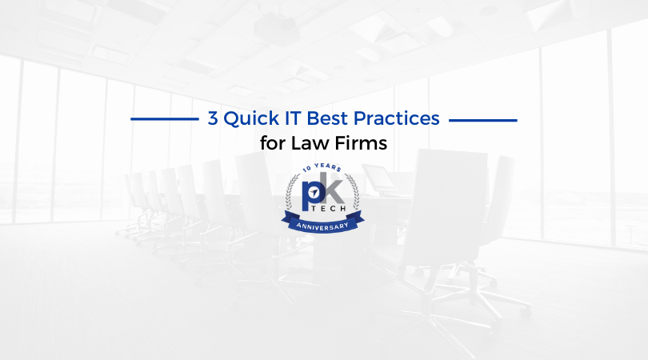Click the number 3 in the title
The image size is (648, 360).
[213, 118]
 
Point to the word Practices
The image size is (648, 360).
[396, 118]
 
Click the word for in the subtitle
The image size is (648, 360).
[273, 143]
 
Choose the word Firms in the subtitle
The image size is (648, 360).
[361, 143]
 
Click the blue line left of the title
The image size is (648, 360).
[165, 119]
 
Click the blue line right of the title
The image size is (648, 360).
[483, 120]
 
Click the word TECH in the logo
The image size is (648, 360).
[329, 209]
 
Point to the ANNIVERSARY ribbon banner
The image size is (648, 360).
[322, 223]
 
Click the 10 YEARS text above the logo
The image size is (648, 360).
[322, 167]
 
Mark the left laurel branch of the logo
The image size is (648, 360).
[292, 193]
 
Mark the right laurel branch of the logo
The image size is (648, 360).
[353, 193]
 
